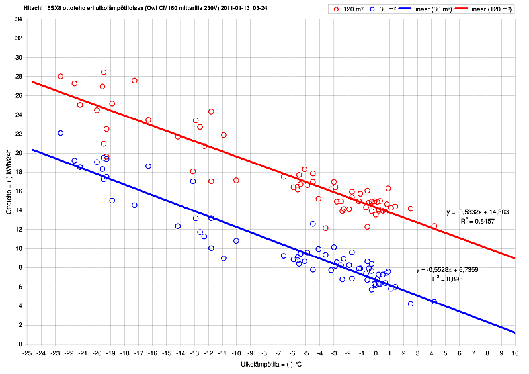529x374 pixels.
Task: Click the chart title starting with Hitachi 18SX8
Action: coord(146,7)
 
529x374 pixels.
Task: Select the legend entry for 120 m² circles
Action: coord(348,9)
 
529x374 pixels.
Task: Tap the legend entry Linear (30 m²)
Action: coord(426,9)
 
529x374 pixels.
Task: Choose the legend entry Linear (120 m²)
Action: coord(483,9)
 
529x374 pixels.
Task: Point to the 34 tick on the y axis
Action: coord(19,19)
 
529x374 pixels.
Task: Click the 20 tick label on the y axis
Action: coord(19,153)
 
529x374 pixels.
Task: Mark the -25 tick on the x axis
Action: coord(27,353)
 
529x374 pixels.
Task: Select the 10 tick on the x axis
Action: coord(515,353)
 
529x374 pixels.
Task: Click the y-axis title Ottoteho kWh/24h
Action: coord(9,181)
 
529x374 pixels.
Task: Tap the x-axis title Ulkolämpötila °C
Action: coord(271,365)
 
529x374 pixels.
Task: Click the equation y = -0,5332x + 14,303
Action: coord(477,212)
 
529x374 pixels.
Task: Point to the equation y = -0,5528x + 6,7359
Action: coord(448,270)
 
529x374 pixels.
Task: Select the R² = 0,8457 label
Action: coord(477,221)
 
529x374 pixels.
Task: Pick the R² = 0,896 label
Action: coord(448,279)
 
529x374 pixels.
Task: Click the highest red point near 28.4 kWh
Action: coord(104,72)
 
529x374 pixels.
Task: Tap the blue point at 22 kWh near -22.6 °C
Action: coord(61,133)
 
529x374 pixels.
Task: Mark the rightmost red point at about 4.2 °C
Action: coord(434,226)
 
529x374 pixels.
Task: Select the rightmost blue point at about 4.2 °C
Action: coord(434,302)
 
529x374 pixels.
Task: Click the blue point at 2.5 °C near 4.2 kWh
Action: coord(411,304)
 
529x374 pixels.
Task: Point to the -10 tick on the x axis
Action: coord(236,353)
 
